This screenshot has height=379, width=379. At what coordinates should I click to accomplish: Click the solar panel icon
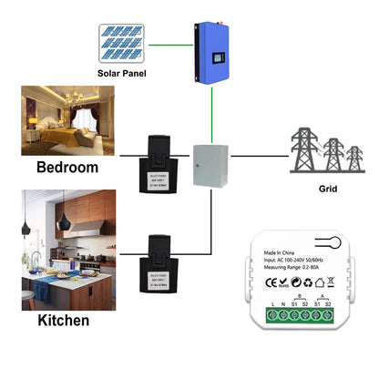pyautogui.click(x=124, y=43)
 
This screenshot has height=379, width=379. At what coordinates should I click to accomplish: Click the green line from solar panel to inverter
pyautogui.click(x=171, y=43)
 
